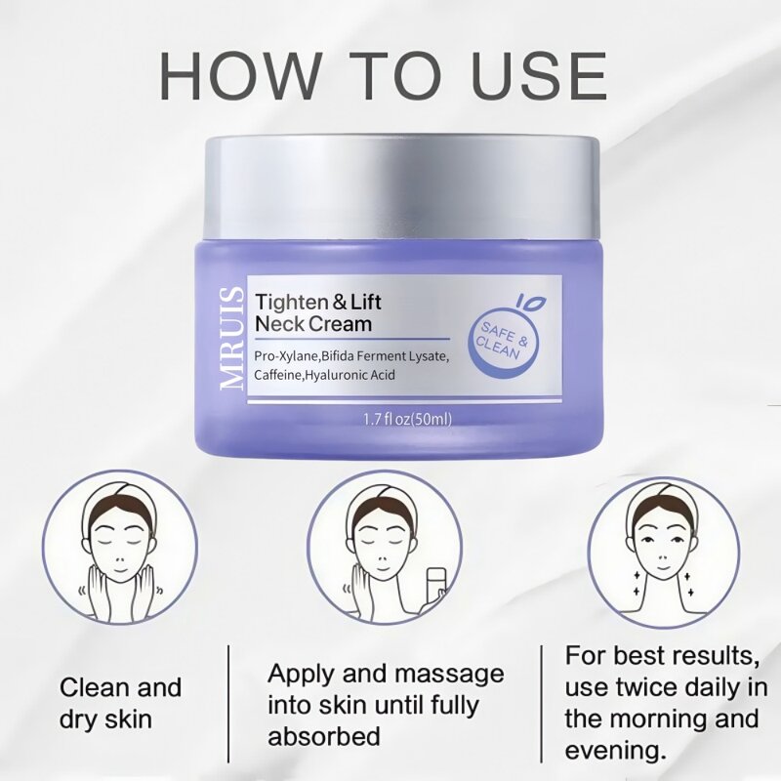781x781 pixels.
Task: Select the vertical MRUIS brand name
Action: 232,338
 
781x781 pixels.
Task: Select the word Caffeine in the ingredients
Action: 277,374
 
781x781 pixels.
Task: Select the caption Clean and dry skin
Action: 121,703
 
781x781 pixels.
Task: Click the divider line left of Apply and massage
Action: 229,703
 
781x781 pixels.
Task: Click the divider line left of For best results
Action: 543,703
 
